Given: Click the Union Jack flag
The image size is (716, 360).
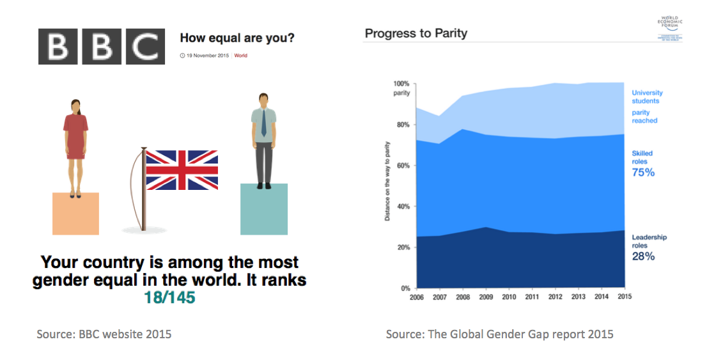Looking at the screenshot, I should pyautogui.click(x=182, y=170).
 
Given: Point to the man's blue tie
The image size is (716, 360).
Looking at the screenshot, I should pyautogui.click(x=263, y=125).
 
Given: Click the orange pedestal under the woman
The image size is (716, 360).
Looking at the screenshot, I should pyautogui.click(x=75, y=214).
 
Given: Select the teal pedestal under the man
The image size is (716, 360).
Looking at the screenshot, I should pyautogui.click(x=264, y=209).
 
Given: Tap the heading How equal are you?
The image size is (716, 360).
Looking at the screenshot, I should pyautogui.click(x=237, y=38).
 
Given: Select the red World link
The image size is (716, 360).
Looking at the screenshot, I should pyautogui.click(x=240, y=56).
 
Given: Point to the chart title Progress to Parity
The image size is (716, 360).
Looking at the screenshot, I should pyautogui.click(x=416, y=33).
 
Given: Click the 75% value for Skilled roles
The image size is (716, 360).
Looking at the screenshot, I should pyautogui.click(x=643, y=173).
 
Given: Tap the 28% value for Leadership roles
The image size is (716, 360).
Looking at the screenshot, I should pyautogui.click(x=643, y=256).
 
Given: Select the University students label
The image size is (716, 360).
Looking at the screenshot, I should pyautogui.click(x=647, y=97).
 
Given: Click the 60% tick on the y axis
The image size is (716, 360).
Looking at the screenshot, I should pyautogui.click(x=401, y=166).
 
